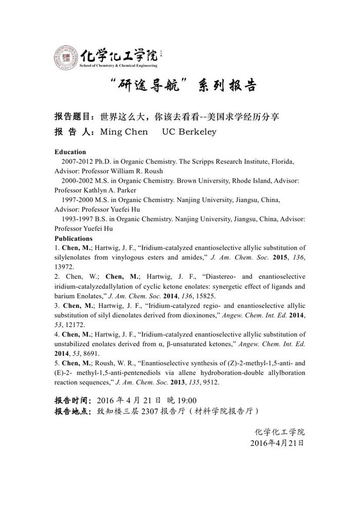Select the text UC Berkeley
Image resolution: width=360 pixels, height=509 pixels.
[x=189, y=132]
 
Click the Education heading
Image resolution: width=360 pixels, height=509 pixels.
[x=70, y=152]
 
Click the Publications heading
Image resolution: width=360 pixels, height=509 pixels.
[x=74, y=238]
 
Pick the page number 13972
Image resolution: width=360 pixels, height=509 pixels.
[x=64, y=267]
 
